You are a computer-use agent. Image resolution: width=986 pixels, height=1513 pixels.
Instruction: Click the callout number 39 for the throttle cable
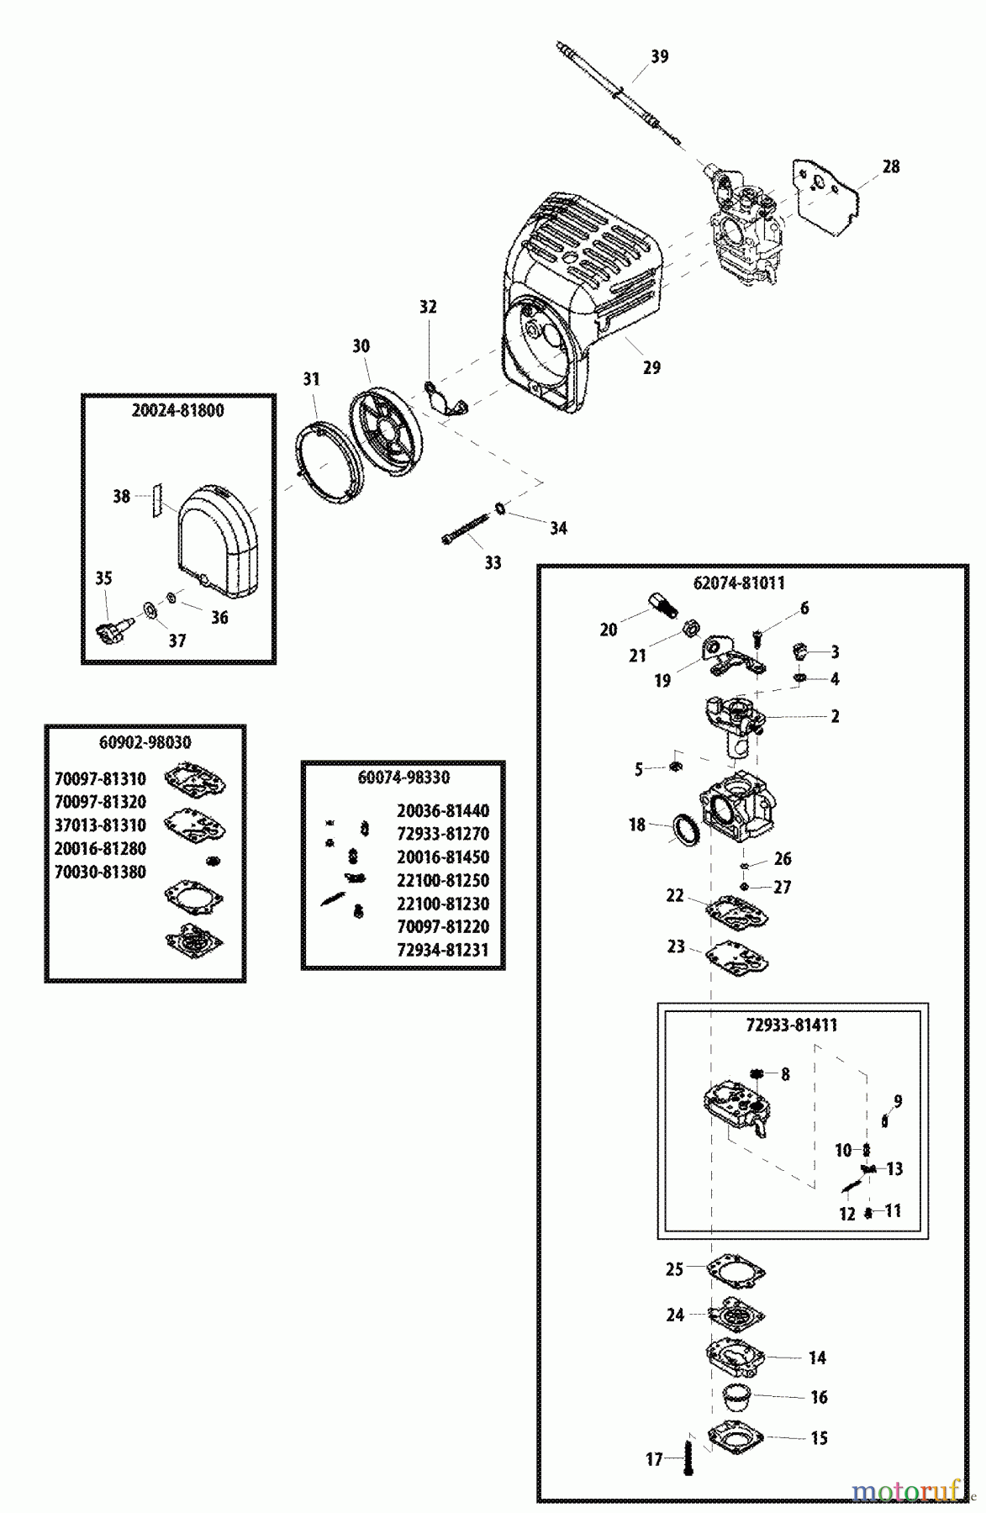point(660,56)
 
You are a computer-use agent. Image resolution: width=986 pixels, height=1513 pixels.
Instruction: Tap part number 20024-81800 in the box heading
point(178,412)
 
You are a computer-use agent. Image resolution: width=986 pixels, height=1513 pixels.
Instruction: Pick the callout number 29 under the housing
point(651,367)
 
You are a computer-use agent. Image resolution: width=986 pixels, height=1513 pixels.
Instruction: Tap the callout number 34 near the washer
point(558,528)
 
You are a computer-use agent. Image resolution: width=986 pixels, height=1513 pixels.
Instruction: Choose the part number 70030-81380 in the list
point(100,872)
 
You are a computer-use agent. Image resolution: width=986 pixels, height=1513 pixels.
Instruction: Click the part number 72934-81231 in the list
point(442,950)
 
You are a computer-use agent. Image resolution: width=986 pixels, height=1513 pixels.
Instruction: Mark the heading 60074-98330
point(403,778)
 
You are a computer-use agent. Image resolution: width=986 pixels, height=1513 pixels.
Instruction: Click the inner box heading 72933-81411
point(792,1025)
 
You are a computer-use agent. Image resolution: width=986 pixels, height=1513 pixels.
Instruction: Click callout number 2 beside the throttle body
point(835,716)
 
